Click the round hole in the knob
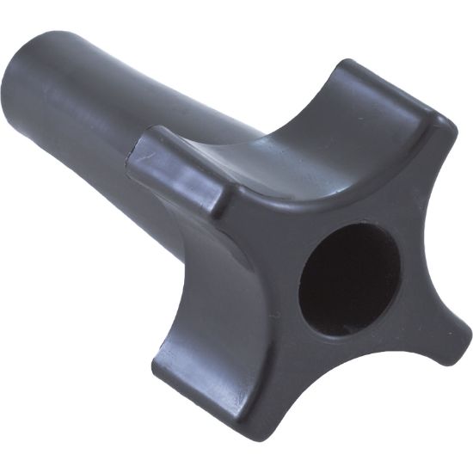coord(348,279)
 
